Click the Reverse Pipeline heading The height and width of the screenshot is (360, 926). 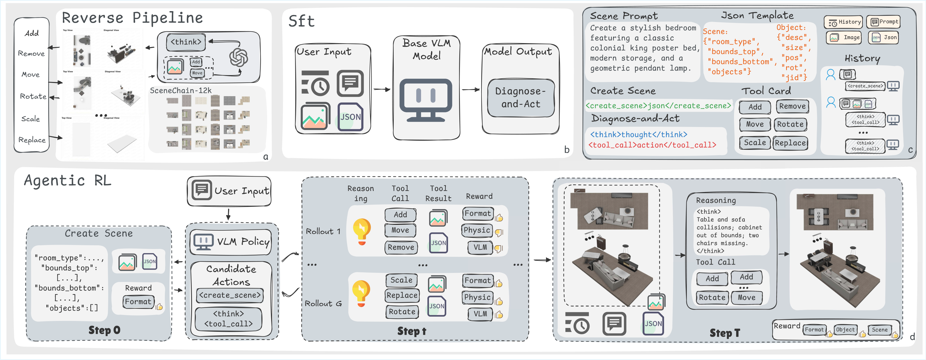(x=132, y=18)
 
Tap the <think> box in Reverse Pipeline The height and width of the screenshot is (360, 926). (x=186, y=42)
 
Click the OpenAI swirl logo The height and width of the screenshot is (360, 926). (x=239, y=58)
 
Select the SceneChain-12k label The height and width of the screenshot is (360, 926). (x=181, y=91)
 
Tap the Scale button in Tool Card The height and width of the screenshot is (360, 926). (x=755, y=143)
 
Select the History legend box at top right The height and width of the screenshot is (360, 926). (x=843, y=22)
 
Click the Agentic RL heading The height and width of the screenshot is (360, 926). (x=68, y=180)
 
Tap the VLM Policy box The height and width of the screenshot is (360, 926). (x=231, y=242)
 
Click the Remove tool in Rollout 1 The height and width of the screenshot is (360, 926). (x=401, y=247)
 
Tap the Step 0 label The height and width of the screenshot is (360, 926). (x=104, y=330)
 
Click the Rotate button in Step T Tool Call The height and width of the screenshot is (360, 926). (x=712, y=297)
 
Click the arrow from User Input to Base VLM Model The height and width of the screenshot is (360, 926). (x=382, y=90)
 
